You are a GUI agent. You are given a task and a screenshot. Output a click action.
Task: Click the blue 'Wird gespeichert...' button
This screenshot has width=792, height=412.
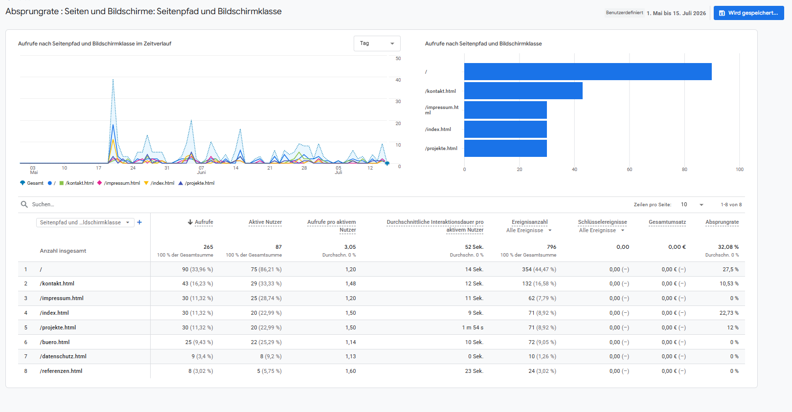pos(748,13)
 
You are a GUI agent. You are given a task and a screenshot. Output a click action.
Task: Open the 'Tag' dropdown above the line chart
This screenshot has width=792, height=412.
pos(377,43)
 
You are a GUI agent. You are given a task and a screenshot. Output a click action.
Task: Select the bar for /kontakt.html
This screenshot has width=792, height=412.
pos(523,91)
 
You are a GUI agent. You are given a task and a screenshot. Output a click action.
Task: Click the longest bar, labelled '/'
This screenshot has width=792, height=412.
pos(588,72)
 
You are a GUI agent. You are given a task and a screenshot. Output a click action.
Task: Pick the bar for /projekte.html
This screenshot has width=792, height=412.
pos(505,149)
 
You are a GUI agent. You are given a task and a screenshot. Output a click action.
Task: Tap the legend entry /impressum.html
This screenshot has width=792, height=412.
pos(119,183)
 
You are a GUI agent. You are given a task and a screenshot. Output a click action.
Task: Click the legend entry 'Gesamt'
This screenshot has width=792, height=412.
pos(32,183)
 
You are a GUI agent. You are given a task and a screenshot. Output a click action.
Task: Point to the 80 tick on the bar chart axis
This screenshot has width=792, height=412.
pos(684,170)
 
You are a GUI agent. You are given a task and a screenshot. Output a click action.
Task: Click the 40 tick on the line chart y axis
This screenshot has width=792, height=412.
pos(398,80)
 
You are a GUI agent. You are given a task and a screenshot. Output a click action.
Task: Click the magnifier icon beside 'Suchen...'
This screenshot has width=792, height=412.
pos(24,204)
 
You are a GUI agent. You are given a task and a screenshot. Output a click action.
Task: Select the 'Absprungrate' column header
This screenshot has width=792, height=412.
pos(722,222)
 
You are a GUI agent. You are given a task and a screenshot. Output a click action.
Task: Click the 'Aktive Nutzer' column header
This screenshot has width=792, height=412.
pos(265,222)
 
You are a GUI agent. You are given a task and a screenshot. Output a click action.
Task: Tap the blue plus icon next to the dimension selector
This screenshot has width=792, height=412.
pos(139,222)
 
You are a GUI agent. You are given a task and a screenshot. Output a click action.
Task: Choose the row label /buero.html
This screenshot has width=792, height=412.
pos(55,342)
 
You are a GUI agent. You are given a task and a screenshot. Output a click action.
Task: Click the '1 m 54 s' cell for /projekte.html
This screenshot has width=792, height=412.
pos(473,327)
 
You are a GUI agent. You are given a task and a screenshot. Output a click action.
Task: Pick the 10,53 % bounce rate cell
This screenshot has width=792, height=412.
pos(729,284)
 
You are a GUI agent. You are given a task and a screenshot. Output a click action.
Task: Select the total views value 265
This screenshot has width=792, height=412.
pos(208,247)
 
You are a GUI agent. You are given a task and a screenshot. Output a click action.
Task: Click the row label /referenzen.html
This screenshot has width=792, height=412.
pos(61,371)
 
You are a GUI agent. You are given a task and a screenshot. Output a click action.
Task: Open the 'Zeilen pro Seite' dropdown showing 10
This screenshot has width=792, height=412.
pos(692,205)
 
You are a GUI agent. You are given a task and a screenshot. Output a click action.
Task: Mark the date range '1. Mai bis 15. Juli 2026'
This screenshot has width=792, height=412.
pos(677,13)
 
